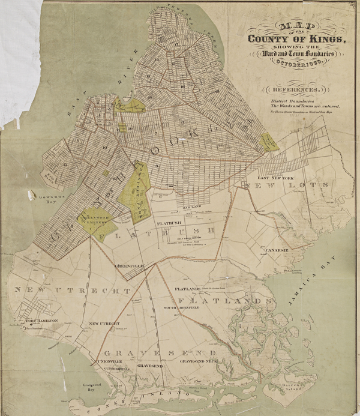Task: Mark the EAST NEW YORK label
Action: coord(274,178)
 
